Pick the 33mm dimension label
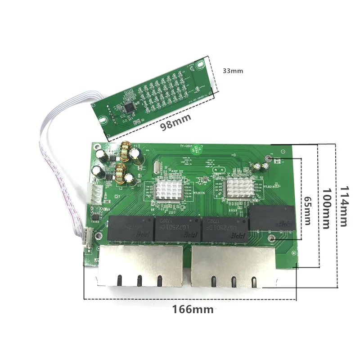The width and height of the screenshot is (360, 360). (x=233, y=71)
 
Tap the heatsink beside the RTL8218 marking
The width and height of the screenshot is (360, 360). (x=239, y=187)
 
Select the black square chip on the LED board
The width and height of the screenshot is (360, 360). (x=130, y=107)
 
